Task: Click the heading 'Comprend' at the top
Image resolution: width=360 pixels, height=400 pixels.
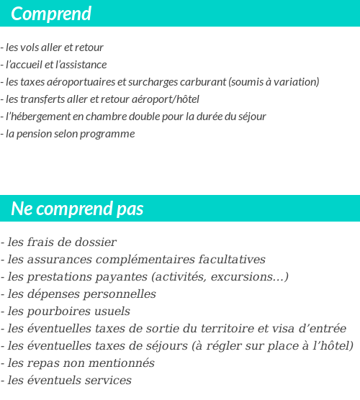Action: pyautogui.click(x=51, y=14)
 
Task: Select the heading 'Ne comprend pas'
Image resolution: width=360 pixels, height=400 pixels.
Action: pyautogui.click(x=77, y=209)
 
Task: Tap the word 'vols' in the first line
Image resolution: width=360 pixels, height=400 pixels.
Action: pyautogui.click(x=34, y=47)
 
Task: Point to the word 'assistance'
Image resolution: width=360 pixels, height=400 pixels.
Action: pyautogui.click(x=85, y=65)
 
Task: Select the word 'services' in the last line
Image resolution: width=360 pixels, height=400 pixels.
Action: pyautogui.click(x=105, y=381)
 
